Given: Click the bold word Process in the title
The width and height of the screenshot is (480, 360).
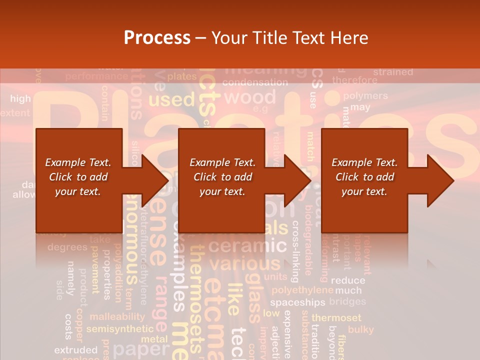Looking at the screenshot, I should (157, 38).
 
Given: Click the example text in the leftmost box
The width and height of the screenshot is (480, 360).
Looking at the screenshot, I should (78, 177).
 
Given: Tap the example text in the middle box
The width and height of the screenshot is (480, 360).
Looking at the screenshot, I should (222, 177).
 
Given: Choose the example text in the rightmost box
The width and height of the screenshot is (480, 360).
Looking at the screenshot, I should (364, 177).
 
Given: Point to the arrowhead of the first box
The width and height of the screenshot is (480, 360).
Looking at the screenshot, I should (154, 180).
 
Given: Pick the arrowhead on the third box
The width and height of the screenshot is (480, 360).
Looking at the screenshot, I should (440, 180).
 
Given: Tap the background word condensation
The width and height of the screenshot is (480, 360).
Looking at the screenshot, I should (255, 82).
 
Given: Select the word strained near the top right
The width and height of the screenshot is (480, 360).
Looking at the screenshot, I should (393, 72).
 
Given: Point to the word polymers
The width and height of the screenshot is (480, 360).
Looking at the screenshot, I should (365, 95).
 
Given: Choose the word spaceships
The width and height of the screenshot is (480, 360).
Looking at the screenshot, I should (297, 302).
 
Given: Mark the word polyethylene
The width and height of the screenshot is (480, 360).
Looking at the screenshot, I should (302, 290).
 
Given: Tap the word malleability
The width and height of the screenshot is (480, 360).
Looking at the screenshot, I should (117, 316).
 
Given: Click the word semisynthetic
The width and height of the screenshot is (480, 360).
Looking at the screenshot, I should (120, 329).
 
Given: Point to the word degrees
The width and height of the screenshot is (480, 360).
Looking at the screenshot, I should (67, 247).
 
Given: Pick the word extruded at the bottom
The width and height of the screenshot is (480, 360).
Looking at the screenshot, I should (75, 349).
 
